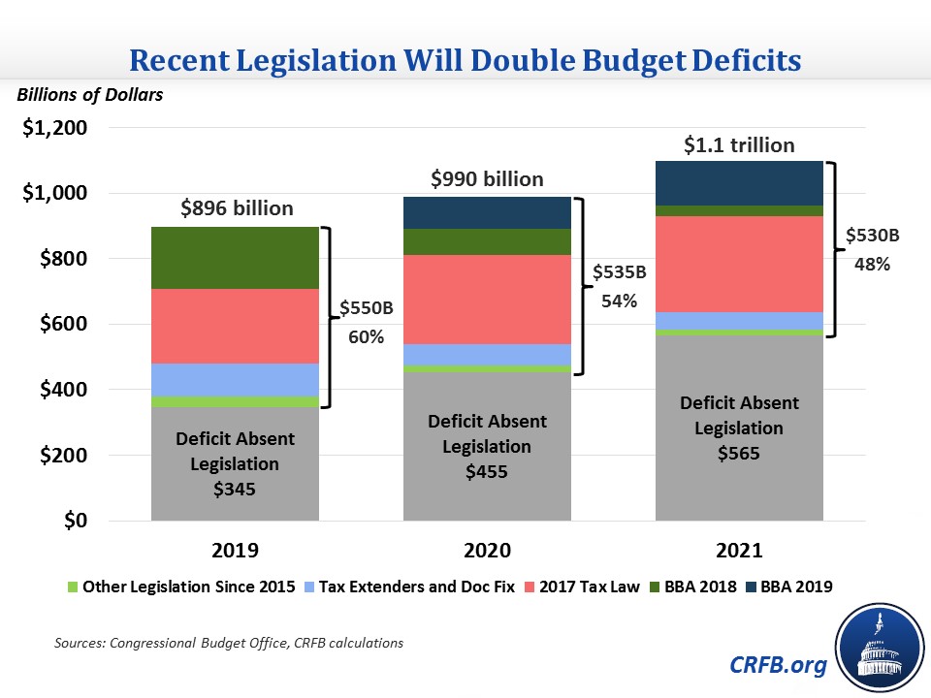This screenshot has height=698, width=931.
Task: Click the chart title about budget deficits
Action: coord(465,61)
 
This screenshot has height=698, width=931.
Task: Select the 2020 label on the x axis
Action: coord(487,550)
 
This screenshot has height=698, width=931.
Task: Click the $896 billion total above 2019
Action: coord(237,207)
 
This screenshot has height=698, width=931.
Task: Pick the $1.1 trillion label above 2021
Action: coord(739,145)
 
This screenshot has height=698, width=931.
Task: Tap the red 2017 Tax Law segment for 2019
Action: coord(236,326)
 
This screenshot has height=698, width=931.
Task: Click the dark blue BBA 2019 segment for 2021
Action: coord(739,183)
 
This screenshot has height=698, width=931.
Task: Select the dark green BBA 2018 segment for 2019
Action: coord(236,258)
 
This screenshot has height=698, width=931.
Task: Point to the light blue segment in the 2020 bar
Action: coord(487,354)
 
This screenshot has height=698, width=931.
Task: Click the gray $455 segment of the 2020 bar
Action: coord(487,446)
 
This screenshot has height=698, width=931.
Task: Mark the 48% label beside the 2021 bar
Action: coord(871,263)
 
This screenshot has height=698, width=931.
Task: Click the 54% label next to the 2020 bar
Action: coord(618,301)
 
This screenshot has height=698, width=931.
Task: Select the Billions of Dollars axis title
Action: coord(88,95)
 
